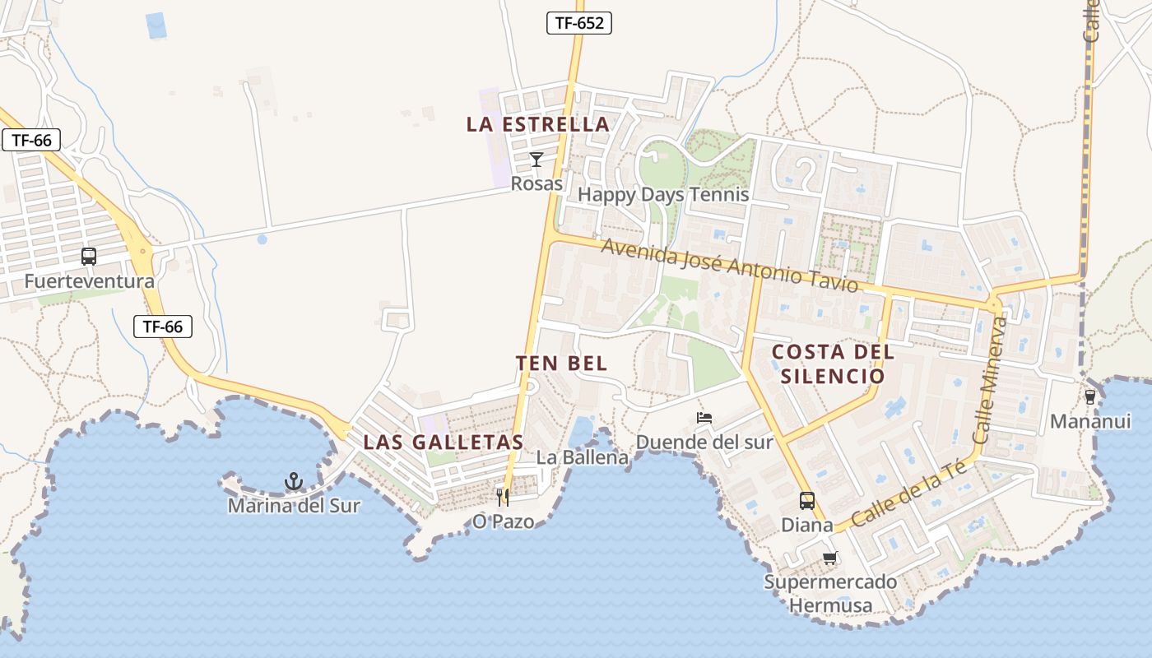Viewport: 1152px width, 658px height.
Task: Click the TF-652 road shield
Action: click(579, 23)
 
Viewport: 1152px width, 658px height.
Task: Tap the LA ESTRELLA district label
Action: click(538, 125)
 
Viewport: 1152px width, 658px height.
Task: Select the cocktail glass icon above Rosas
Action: click(537, 160)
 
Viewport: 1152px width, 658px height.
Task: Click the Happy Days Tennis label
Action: click(663, 195)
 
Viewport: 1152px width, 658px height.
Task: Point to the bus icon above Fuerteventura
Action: click(89, 257)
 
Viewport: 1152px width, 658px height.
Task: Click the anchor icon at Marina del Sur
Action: click(294, 481)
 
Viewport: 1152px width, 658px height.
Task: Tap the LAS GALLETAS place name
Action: click(444, 442)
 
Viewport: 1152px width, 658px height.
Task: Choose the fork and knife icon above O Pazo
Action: click(503, 497)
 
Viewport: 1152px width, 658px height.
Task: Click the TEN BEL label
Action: click(561, 364)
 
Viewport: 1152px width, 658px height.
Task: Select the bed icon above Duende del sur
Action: click(704, 418)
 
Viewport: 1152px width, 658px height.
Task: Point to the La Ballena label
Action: click(583, 457)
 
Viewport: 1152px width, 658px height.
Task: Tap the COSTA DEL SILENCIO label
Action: click(832, 364)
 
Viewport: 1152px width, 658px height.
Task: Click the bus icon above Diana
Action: click(807, 500)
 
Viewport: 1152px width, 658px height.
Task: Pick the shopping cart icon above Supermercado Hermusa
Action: click(829, 558)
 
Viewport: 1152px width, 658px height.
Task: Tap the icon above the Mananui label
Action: click(1090, 397)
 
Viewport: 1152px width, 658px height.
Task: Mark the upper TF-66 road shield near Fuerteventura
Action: click(32, 140)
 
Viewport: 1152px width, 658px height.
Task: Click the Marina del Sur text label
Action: click(294, 506)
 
